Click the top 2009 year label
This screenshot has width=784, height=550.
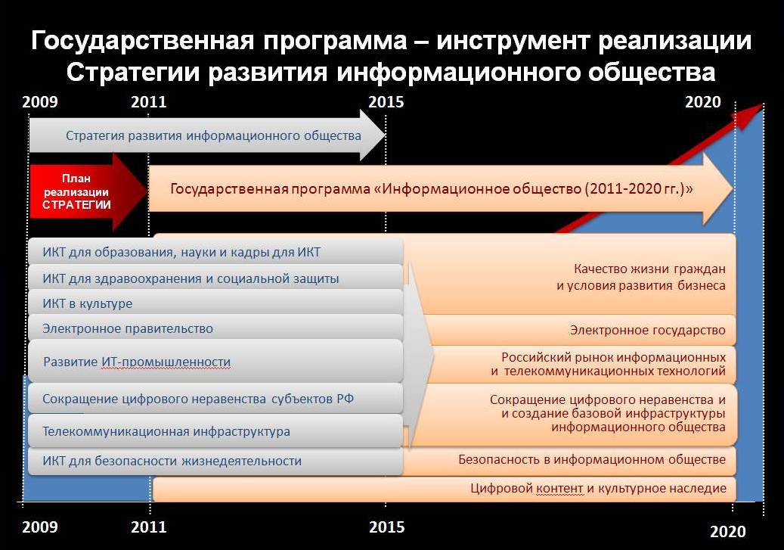click(40, 102)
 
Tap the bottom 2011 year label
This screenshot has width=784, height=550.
click(149, 527)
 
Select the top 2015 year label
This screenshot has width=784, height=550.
click(386, 102)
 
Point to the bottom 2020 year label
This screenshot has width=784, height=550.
click(728, 532)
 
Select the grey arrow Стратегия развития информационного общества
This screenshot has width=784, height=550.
click(207, 135)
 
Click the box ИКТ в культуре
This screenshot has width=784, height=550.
click(215, 303)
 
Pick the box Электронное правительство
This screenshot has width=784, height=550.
click(215, 328)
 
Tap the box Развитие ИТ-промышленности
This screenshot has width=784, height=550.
click(215, 362)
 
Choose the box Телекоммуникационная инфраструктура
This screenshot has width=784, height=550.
click(215, 431)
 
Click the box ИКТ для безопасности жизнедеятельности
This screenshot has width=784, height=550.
click(215, 461)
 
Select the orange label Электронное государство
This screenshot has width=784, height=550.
click(647, 331)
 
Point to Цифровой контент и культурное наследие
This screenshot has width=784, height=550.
click(599, 489)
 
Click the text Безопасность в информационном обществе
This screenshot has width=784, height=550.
click(592, 459)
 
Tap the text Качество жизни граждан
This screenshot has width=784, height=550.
click(649, 269)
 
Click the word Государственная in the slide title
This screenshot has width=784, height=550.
click(143, 41)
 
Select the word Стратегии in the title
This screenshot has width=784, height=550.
click(134, 72)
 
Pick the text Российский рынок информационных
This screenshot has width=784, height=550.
click(613, 357)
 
